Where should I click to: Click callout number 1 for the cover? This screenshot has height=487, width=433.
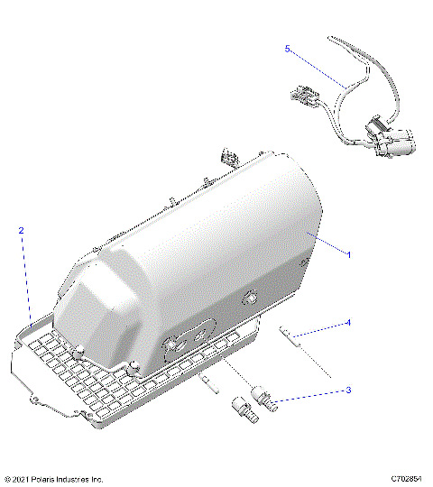point(349,254)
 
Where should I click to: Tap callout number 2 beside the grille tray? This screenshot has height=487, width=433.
point(22,231)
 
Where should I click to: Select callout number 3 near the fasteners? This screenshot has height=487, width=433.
point(348,390)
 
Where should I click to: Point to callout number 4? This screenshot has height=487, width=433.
point(348,322)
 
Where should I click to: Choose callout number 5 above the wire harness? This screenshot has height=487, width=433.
point(288,49)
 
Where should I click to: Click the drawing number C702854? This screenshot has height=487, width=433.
point(408,478)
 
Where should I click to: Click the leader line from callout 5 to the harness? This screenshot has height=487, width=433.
point(316,69)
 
